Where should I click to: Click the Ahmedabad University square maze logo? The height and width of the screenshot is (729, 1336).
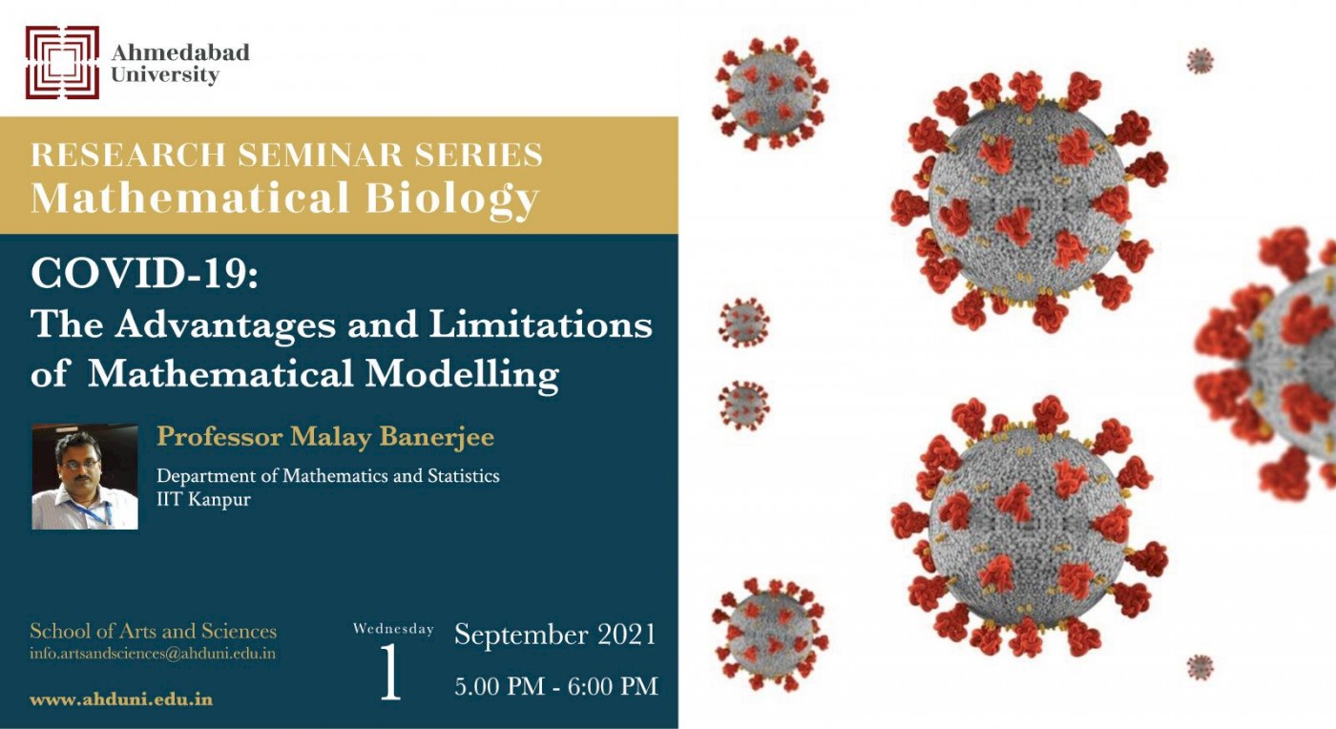click(x=62, y=62)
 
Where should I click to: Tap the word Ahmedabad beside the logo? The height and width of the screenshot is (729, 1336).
click(x=180, y=52)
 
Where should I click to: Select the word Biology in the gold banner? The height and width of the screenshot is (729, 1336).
click(x=452, y=199)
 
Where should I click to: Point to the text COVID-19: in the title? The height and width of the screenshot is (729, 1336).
click(x=145, y=274)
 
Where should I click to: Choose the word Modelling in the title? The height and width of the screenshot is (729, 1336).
click(x=462, y=376)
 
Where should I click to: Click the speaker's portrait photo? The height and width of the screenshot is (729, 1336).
click(x=85, y=477)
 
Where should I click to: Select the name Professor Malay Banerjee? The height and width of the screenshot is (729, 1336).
click(x=325, y=437)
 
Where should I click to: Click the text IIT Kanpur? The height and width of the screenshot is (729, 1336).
click(x=203, y=499)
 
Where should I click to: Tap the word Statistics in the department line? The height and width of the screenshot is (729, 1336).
click(x=464, y=475)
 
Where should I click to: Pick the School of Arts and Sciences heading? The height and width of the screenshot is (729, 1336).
click(x=154, y=631)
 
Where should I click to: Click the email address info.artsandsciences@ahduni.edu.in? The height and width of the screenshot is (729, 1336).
click(x=153, y=654)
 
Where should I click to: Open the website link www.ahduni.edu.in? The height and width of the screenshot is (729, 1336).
click(x=121, y=699)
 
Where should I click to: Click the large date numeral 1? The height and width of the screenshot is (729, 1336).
click(x=390, y=672)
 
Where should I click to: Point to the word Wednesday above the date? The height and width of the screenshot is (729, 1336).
click(x=393, y=628)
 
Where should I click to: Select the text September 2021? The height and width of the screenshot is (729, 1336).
click(x=554, y=635)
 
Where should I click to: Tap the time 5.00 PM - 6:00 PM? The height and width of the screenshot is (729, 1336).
click(x=556, y=686)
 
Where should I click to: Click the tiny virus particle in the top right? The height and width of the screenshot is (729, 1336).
click(x=1200, y=61)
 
